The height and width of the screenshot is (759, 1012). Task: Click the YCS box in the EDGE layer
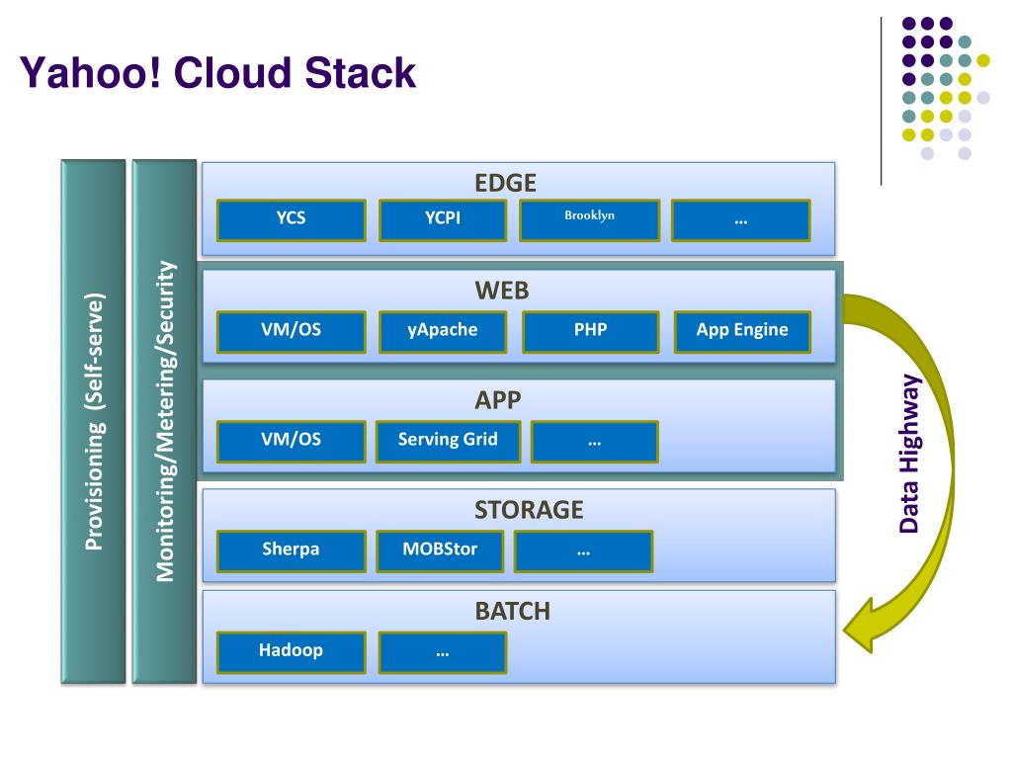(292, 220)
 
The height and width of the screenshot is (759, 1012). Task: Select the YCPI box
(443, 220)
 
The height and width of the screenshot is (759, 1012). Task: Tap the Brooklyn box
(590, 220)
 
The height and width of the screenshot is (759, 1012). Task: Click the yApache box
(443, 332)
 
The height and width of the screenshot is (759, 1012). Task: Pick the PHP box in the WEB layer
(591, 332)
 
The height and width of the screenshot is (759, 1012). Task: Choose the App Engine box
(742, 332)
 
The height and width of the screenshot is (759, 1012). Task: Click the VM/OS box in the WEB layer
(292, 332)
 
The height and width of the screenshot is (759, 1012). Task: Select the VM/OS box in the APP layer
(292, 442)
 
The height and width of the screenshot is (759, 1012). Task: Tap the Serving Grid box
(448, 442)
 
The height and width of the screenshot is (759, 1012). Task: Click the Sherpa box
(292, 551)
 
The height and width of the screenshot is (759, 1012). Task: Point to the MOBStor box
(440, 551)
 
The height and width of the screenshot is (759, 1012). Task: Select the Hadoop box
(292, 652)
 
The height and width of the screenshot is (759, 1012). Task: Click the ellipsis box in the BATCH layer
(443, 652)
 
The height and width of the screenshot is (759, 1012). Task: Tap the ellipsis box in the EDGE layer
(741, 220)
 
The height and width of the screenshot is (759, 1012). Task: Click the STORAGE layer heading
(529, 510)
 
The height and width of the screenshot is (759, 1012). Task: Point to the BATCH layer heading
(513, 611)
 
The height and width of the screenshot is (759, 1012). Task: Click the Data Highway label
(910, 454)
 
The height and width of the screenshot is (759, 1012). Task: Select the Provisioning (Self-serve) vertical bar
(94, 421)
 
